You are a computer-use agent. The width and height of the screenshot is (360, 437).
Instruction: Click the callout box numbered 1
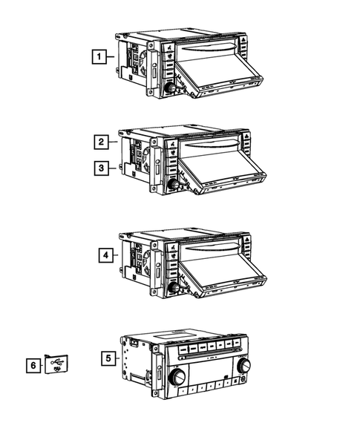click(99, 56)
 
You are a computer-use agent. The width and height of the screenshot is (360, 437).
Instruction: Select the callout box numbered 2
click(101, 142)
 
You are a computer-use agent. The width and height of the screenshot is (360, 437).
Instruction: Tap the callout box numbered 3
click(101, 168)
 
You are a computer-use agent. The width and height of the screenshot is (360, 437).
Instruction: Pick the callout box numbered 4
click(106, 255)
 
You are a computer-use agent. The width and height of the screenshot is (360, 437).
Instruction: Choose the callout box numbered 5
click(108, 358)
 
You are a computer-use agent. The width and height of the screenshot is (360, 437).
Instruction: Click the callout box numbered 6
click(33, 365)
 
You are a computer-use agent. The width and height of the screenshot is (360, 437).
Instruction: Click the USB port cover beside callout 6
click(56, 364)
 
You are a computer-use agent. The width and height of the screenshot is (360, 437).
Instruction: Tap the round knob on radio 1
click(170, 88)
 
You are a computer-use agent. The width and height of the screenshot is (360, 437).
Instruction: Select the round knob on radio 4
click(174, 288)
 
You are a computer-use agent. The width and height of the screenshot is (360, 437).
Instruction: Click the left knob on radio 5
click(177, 377)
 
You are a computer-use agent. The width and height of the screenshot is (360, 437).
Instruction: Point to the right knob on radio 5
click(243, 365)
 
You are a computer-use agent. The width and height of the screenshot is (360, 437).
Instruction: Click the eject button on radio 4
click(246, 240)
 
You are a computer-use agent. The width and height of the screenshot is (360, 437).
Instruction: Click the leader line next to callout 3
click(112, 168)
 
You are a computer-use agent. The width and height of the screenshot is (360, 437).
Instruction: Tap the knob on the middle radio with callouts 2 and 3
click(174, 185)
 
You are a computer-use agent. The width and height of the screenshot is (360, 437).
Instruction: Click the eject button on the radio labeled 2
click(246, 137)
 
